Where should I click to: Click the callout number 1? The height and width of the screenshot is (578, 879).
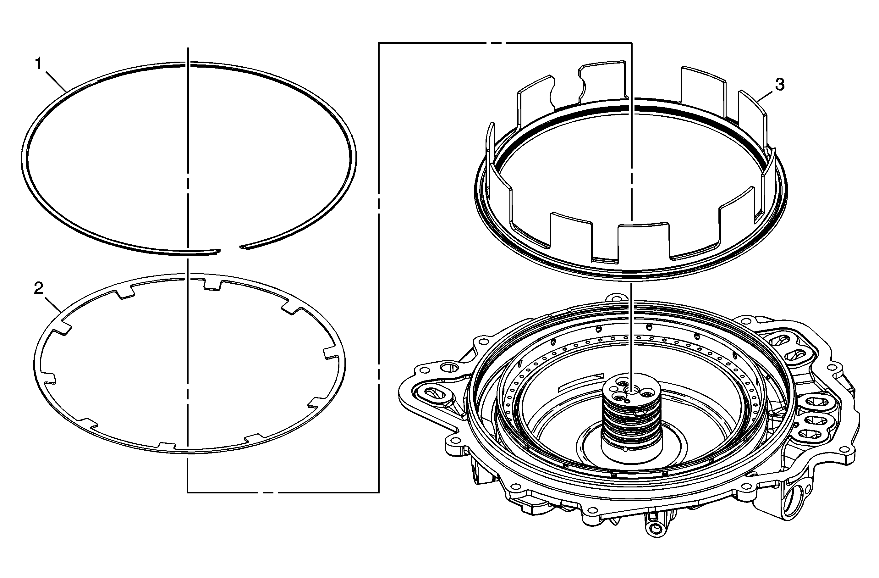[38, 64]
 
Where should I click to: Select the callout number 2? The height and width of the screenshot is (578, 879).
[38, 289]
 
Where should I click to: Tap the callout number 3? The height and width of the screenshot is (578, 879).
[779, 85]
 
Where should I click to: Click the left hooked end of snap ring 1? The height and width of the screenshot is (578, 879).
[217, 251]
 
